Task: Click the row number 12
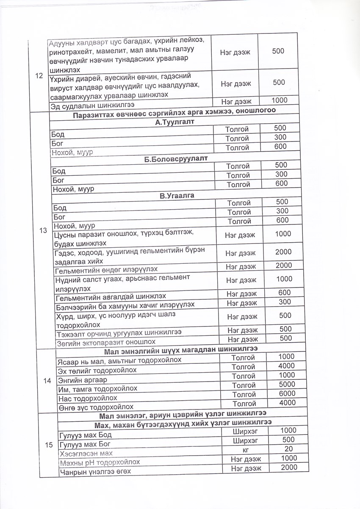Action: (x=40, y=76)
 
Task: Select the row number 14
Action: (x=47, y=380)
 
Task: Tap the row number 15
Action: (x=48, y=445)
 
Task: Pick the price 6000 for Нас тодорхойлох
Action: (x=287, y=393)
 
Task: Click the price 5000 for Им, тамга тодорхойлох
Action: (x=287, y=385)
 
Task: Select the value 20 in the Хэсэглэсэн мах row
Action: (x=288, y=449)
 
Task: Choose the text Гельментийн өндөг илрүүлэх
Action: (x=107, y=269)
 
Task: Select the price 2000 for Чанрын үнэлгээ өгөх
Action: (x=289, y=467)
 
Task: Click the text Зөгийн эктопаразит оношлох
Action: (x=106, y=341)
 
